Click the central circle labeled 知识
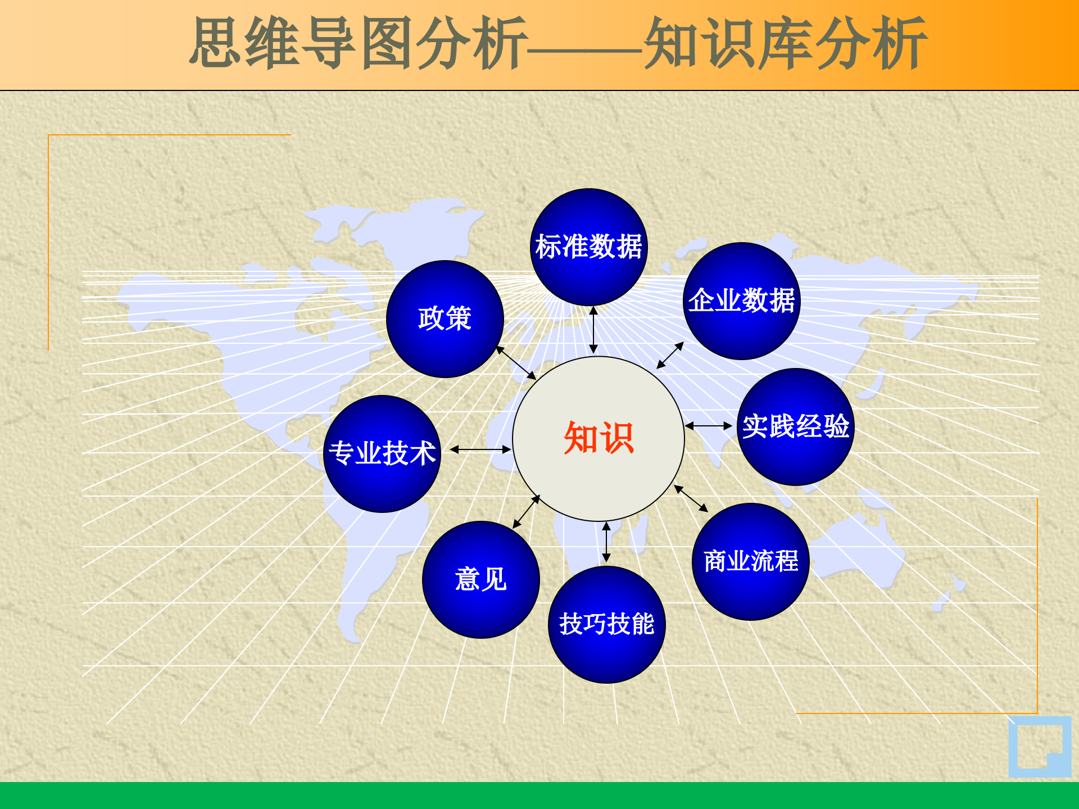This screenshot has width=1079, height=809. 599,438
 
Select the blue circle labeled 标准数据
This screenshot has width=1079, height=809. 589,247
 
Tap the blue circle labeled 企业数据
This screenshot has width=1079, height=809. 742,301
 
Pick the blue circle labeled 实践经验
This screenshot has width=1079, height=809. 795,427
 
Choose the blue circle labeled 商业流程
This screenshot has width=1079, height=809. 751,562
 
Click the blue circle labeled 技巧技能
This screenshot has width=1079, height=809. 607,625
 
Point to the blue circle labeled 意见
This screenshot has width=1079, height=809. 481,580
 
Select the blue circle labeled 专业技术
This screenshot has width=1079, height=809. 382,454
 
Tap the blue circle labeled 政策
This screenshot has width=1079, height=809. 445,319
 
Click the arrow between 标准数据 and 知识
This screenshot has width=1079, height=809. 593,330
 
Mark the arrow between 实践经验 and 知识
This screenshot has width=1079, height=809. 709,426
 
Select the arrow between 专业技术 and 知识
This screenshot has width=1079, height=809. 480,449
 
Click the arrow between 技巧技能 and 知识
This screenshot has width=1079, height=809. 606,542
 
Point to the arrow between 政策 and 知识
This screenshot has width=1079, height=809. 516,363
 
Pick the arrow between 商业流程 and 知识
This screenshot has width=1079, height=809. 691,498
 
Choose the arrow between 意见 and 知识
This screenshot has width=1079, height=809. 527,511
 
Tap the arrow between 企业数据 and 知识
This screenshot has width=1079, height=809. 670,355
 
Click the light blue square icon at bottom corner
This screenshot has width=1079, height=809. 1040,747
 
